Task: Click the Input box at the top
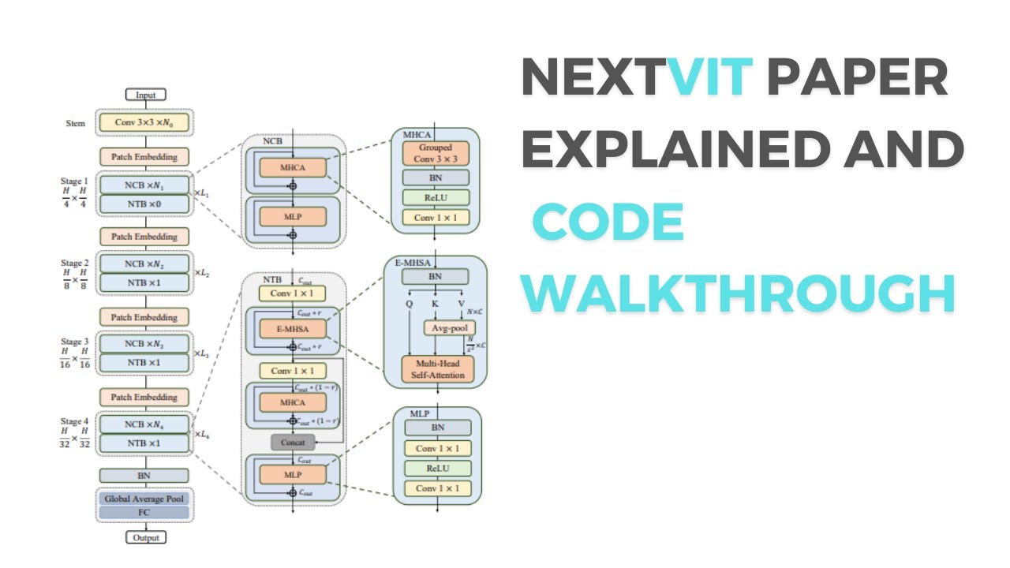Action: click(x=145, y=95)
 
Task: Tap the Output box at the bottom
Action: click(x=145, y=537)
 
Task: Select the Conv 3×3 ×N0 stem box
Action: click(x=144, y=122)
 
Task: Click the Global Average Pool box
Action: click(x=144, y=499)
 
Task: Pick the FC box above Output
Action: click(x=144, y=513)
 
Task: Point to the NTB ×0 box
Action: click(x=144, y=204)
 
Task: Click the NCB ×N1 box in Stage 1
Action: click(x=144, y=185)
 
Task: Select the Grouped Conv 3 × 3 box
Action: click(x=436, y=152)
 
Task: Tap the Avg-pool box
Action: click(x=450, y=327)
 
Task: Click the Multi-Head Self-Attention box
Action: click(x=437, y=368)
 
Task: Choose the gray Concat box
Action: click(x=293, y=442)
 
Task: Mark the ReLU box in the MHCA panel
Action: click(x=436, y=197)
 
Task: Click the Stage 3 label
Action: click(x=75, y=342)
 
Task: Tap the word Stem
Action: click(x=76, y=123)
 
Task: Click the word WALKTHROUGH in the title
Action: click(x=740, y=293)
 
